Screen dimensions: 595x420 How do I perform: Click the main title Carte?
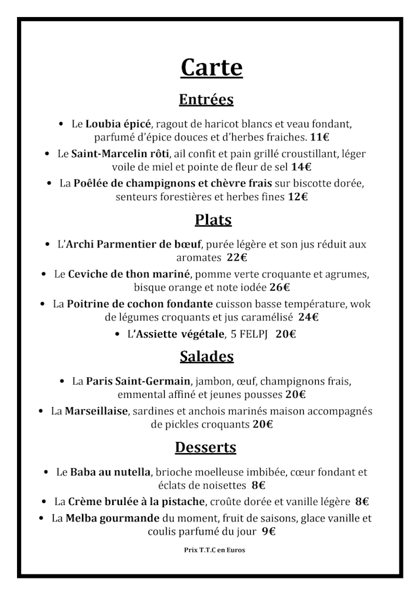[x=211, y=68]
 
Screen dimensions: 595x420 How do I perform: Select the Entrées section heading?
[x=206, y=100]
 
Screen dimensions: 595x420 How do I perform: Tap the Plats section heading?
[x=213, y=219]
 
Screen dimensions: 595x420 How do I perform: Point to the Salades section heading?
[x=207, y=357]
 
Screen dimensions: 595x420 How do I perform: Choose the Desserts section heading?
[x=205, y=448]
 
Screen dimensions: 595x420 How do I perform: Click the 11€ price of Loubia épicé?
[x=320, y=138]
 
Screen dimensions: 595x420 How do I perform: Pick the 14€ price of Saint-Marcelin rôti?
[x=302, y=167]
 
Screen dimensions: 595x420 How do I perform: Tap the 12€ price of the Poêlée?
[x=298, y=196]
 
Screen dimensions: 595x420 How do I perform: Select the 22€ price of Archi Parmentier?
[x=237, y=257]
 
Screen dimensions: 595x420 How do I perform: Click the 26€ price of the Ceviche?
[x=280, y=287]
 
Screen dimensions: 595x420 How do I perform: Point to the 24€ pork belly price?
[x=308, y=317]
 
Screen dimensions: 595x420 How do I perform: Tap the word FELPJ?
[x=250, y=334]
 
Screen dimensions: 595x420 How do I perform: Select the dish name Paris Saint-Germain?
[x=138, y=381]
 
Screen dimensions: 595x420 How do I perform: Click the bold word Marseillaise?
[x=96, y=411]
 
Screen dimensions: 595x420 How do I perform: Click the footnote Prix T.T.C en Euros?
[x=214, y=550]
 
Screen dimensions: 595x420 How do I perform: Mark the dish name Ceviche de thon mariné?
[x=129, y=274]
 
